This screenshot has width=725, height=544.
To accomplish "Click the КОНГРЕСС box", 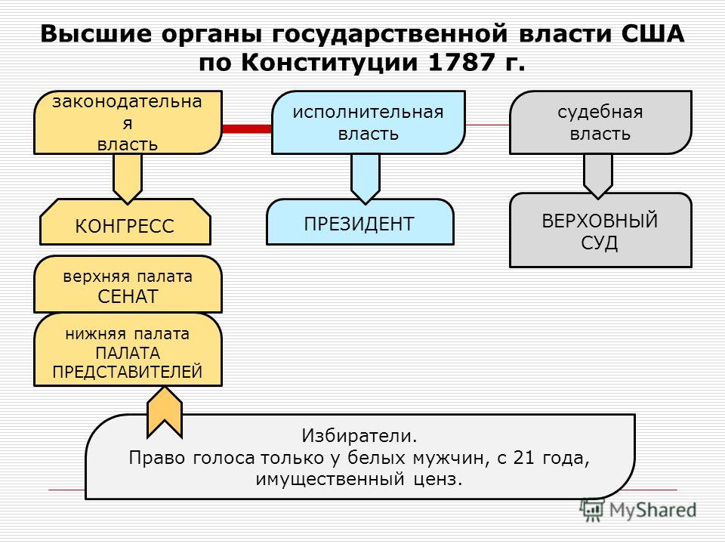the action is pyautogui.click(x=125, y=221).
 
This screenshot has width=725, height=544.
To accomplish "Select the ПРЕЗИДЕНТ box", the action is pyautogui.click(x=359, y=221).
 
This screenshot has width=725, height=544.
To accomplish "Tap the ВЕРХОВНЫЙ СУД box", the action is pyautogui.click(x=600, y=230).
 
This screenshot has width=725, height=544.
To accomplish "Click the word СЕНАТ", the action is pyautogui.click(x=128, y=296).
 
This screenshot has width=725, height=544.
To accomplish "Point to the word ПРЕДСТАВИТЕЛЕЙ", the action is pyautogui.click(x=128, y=372).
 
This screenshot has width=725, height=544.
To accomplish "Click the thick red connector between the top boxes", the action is pyautogui.click(x=247, y=128).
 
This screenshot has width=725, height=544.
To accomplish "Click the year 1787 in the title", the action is pyautogui.click(x=461, y=63).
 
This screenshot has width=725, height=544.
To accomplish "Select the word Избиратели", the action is pyautogui.click(x=359, y=436).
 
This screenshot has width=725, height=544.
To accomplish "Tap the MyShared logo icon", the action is pyautogui.click(x=592, y=511).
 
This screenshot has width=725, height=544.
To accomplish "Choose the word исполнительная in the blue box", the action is pyautogui.click(x=368, y=113).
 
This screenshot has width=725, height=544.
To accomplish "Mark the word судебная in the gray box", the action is pyautogui.click(x=600, y=113).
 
